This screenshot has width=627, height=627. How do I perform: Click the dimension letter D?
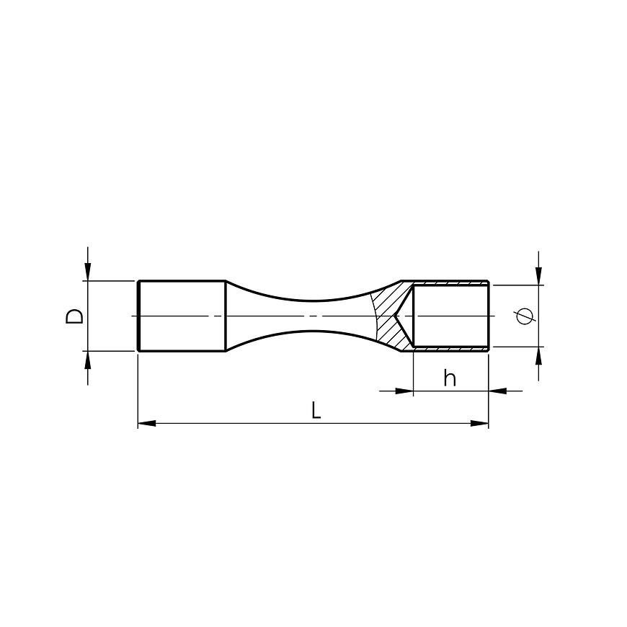tap(74, 316)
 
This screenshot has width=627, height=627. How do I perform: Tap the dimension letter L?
tap(316, 410)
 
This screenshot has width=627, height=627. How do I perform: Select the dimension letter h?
tap(450, 378)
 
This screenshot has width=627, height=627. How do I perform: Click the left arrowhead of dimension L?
tap(147, 423)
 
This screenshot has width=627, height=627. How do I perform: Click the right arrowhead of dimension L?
tap(479, 423)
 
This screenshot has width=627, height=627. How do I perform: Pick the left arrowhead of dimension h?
tap(404, 391)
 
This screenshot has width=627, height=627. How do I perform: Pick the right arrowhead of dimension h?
tap(498, 391)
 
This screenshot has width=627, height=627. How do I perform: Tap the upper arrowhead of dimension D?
tap(88, 272)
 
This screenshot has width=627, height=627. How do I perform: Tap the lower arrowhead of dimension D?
tap(88, 360)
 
